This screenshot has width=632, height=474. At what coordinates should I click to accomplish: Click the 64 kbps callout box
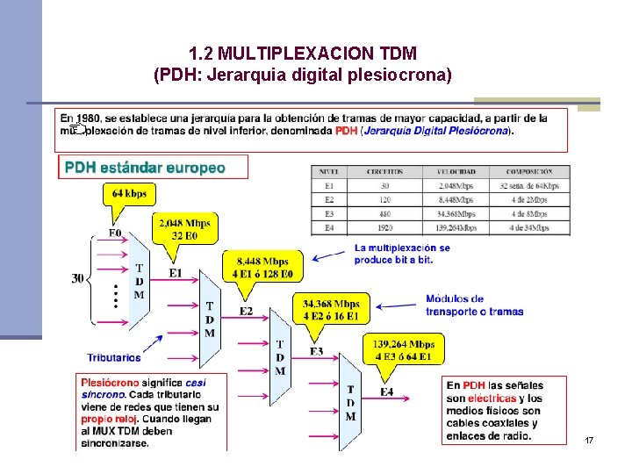130,193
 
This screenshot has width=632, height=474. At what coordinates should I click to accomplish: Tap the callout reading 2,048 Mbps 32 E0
184,229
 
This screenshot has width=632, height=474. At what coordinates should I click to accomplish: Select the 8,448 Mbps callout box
263,266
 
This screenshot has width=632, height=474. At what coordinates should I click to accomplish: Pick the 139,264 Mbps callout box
403,349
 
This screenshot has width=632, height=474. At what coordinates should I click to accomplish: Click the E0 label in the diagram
115,233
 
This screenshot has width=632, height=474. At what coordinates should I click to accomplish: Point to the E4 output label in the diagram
386,391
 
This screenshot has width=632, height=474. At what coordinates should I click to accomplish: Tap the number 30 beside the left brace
78,278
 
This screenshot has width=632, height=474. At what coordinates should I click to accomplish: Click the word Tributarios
114,357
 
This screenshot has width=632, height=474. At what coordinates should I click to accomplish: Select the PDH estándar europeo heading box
153,167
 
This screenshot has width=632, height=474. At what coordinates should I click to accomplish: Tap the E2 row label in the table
329,200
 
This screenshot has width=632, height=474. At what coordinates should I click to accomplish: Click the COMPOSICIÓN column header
529,172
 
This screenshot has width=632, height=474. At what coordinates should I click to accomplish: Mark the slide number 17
589,439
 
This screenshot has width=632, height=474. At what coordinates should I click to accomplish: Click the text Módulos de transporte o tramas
474,305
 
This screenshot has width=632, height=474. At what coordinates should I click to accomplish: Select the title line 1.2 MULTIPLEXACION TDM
302,54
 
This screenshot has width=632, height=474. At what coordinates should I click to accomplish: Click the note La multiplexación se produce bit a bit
401,254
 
